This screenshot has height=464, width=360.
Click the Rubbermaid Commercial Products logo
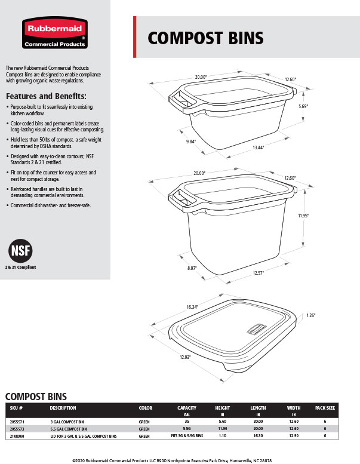[54, 33]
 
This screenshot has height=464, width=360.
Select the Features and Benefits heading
[46, 97]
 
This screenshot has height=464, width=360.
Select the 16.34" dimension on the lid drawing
[190, 306]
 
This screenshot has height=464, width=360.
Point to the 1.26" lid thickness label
[310, 315]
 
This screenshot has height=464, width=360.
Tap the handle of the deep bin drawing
[180, 198]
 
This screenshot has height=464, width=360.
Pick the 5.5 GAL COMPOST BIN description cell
[68, 429]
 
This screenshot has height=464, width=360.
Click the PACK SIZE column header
[325, 408]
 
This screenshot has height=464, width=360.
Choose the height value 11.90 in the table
[223, 429]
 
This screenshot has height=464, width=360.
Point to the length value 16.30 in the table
[258, 437]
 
